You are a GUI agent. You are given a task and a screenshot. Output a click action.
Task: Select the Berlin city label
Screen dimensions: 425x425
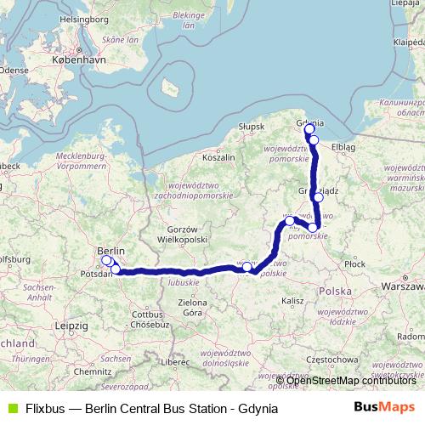tap(111, 251)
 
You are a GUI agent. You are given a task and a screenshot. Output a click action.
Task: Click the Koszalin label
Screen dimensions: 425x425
tap(218, 157)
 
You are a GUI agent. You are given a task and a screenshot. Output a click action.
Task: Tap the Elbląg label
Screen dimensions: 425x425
tap(343, 146)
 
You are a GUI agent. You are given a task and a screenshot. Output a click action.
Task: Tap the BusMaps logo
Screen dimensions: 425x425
tap(384, 407)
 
